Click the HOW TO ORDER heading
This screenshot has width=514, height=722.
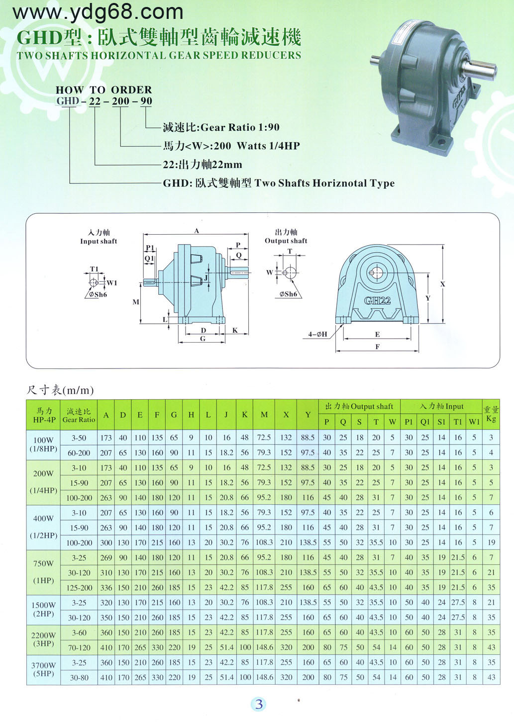pyautogui.click(x=103, y=90)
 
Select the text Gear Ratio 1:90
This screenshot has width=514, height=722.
pyautogui.click(x=240, y=128)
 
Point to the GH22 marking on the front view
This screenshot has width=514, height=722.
pyautogui.click(x=377, y=300)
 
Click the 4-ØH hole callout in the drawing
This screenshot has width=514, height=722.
pyautogui.click(x=317, y=334)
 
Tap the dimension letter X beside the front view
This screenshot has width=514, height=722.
pyautogui.click(x=443, y=284)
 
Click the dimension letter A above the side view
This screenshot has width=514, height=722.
pyautogui.click(x=197, y=231)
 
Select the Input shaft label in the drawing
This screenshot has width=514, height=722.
pyautogui.click(x=99, y=241)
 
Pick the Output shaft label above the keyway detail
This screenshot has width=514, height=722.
pyautogui.click(x=286, y=241)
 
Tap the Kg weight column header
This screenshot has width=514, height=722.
pyautogui.click(x=491, y=419)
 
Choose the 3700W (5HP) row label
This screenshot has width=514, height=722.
pyautogui.click(x=43, y=670)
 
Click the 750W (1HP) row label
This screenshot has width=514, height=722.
pyautogui.click(x=43, y=572)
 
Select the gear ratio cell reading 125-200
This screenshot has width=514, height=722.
pyautogui.click(x=79, y=588)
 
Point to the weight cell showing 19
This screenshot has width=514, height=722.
pyautogui.click(x=491, y=542)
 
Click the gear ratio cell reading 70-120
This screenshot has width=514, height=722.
pyautogui.click(x=79, y=647)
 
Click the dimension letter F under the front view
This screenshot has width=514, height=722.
pyautogui.click(x=377, y=347)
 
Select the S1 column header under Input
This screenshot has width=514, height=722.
pyautogui.click(x=441, y=422)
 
